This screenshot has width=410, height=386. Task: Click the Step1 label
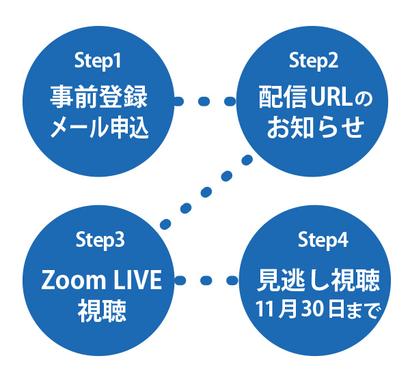coord(98,61)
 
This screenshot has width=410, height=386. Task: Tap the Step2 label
coord(313,61)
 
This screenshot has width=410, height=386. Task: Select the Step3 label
coord(100,240)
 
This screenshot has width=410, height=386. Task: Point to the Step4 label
coord(323,240)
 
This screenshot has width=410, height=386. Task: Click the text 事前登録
coord(99,97)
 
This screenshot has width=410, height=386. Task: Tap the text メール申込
coord(100,128)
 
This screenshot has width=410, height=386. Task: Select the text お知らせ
coord(316,128)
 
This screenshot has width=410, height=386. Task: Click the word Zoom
coord(74,280)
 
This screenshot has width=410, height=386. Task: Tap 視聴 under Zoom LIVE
coord(102,310)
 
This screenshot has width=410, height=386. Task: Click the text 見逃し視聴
coord(318,280)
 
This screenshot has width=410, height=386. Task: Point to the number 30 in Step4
coord(312,309)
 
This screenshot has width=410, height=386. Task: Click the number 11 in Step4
coord(264,309)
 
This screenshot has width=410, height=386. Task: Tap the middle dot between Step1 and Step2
coord(204,101)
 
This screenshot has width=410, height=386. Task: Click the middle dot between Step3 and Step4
coord(206,280)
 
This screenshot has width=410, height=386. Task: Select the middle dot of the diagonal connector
coord(206,192)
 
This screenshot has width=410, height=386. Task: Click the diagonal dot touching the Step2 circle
coord(247,160)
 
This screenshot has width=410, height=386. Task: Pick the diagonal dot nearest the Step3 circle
coord(165,224)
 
